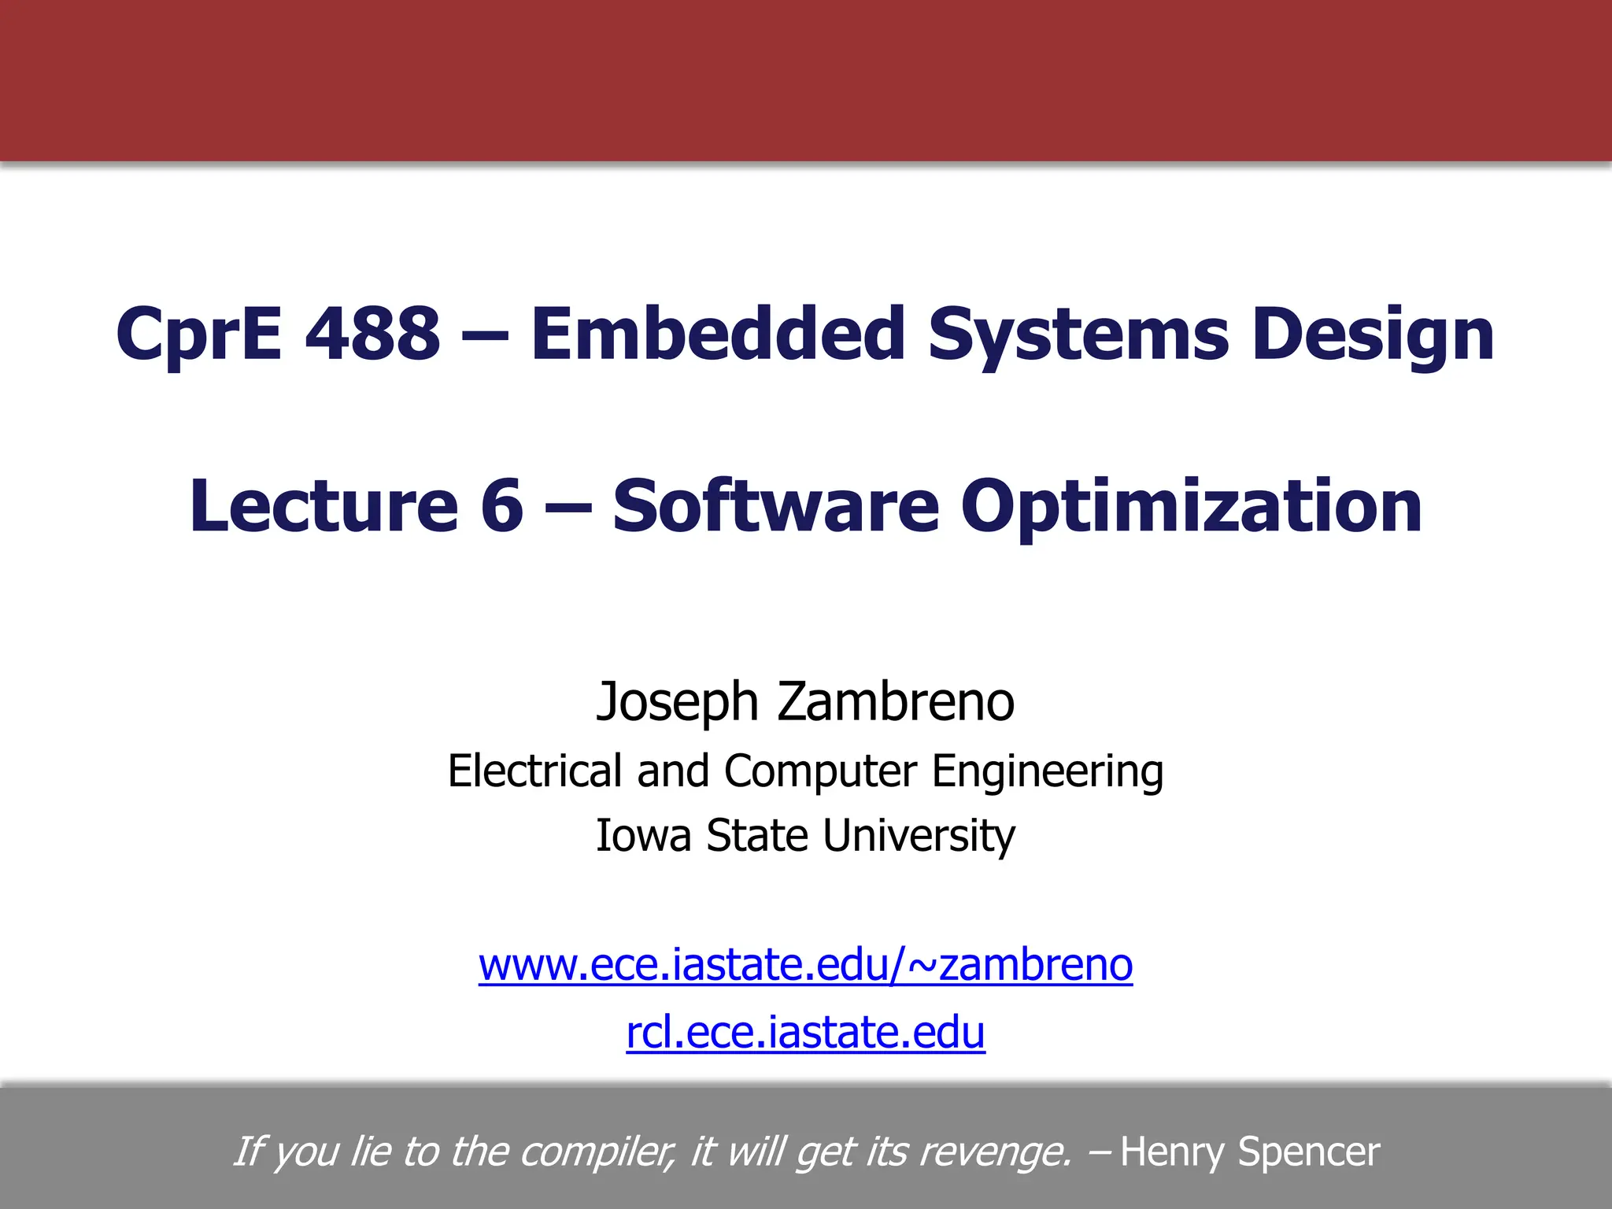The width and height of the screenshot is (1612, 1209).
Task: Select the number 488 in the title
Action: pyautogui.click(x=372, y=334)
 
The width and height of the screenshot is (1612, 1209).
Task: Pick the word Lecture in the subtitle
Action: pyautogui.click(x=324, y=505)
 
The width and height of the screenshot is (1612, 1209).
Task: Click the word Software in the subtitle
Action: pyautogui.click(x=775, y=505)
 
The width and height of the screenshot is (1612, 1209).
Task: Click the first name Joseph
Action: pyautogui.click(x=677, y=702)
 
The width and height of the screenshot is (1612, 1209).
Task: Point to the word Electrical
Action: pyautogui.click(x=534, y=771)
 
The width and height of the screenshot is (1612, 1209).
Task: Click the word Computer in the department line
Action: pyautogui.click(x=820, y=772)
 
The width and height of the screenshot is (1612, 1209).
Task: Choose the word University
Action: pyautogui.click(x=919, y=837)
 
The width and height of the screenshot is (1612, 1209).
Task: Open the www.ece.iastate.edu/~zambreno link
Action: pyautogui.click(x=805, y=965)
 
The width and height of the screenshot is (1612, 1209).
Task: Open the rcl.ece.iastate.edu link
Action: pyautogui.click(x=805, y=1033)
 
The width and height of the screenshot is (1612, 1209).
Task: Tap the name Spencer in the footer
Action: pyautogui.click(x=1308, y=1152)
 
